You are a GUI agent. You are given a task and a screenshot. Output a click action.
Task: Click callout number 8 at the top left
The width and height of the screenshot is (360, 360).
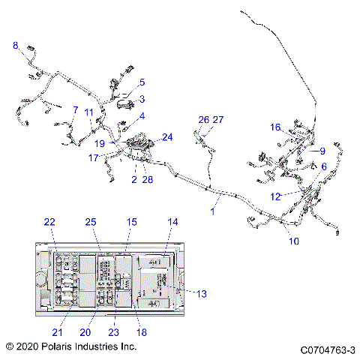pyautogui.click(x=16, y=46)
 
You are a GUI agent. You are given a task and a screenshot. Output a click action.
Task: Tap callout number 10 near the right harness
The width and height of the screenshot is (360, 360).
pyautogui.click(x=293, y=241)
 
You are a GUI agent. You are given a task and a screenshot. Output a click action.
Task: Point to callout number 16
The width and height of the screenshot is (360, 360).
pyautogui.click(x=275, y=127)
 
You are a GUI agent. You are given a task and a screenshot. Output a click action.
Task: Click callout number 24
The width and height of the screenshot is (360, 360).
pyautogui.click(x=167, y=137)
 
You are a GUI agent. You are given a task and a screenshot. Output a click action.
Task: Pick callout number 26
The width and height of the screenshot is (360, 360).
pyautogui.click(x=203, y=120)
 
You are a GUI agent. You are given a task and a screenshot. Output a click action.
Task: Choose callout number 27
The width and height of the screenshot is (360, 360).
pyautogui.click(x=218, y=120)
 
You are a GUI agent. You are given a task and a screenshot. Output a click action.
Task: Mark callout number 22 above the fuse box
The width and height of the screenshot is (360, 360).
pyautogui.click(x=49, y=223)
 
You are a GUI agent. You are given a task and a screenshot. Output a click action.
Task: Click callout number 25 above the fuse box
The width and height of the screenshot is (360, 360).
pyautogui.click(x=91, y=223)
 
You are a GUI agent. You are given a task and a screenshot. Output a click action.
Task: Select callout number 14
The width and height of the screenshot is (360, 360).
pyautogui.click(x=173, y=223)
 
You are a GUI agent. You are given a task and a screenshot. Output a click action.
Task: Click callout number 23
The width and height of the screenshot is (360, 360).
pyautogui.click(x=114, y=332)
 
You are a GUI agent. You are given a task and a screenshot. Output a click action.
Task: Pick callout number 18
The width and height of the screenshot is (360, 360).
pyautogui.click(x=142, y=332)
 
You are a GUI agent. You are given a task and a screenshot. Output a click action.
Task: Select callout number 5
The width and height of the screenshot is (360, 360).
pyautogui.click(x=142, y=82)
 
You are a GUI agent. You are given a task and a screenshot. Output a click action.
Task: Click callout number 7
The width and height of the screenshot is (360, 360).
pyautogui.click(x=75, y=110)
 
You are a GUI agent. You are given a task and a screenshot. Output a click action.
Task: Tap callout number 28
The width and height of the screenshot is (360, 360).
pyautogui.click(x=147, y=180)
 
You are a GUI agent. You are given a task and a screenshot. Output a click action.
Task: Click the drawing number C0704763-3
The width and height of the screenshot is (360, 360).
pyautogui.click(x=327, y=349)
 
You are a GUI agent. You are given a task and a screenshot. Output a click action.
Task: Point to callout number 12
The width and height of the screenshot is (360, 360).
pyautogui.click(x=275, y=196)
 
